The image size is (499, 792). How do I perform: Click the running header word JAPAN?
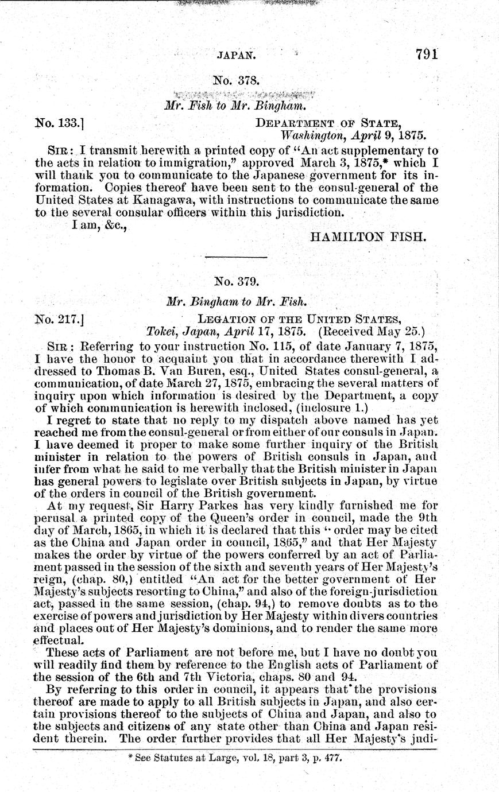236,56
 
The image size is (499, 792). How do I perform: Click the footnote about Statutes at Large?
236,758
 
